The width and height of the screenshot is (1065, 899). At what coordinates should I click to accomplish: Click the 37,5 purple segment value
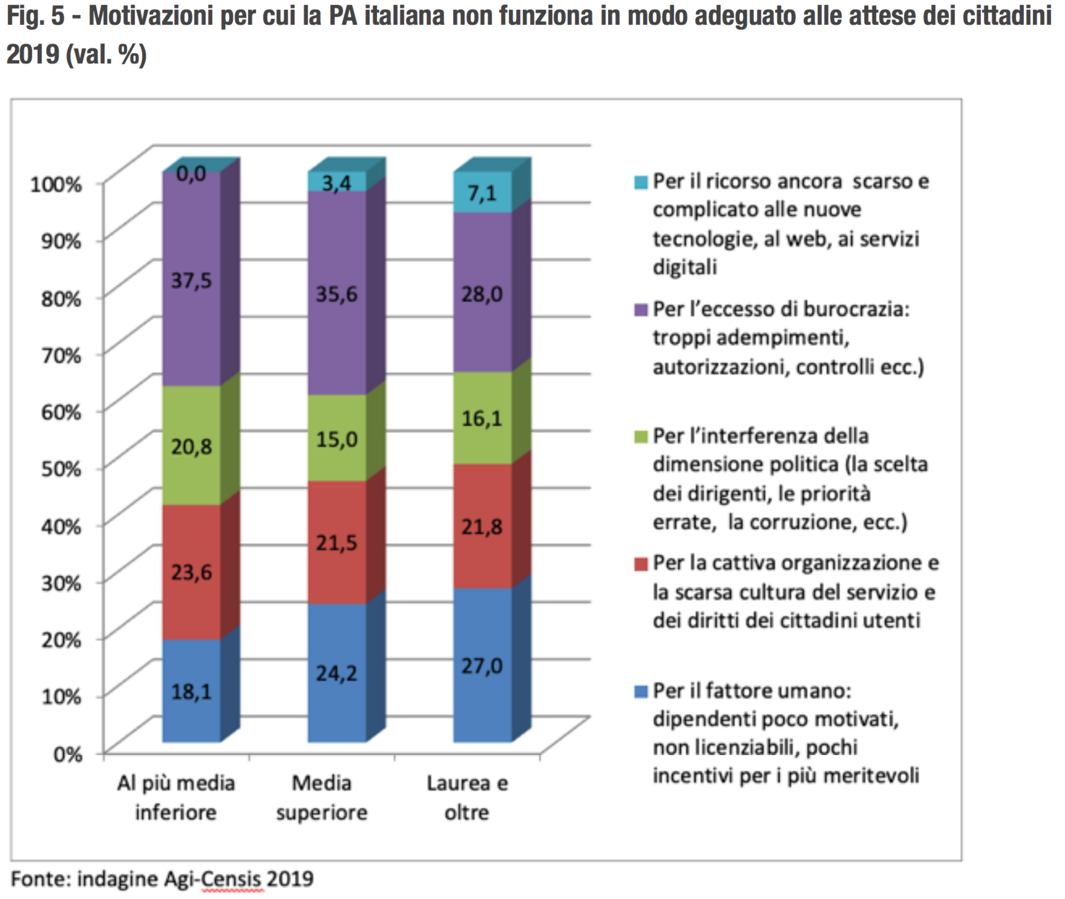[191, 280]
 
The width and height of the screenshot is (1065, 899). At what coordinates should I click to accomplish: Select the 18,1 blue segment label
[191, 692]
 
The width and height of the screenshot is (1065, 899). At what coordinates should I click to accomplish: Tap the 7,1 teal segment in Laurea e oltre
[482, 193]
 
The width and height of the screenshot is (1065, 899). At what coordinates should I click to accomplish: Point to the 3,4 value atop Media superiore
[336, 183]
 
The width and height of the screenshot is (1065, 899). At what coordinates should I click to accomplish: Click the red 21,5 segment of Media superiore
[336, 543]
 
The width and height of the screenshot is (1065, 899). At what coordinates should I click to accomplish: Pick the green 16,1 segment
[482, 418]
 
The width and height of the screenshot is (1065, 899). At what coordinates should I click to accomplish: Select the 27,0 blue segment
[482, 666]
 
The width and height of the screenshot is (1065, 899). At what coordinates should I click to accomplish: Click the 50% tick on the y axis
[61, 469]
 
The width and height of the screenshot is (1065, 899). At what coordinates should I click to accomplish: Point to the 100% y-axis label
[56, 184]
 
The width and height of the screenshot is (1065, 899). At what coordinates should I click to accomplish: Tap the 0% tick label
[68, 754]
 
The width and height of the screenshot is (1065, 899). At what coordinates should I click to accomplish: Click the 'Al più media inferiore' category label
[176, 798]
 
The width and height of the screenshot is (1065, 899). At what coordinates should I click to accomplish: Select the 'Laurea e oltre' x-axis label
[467, 798]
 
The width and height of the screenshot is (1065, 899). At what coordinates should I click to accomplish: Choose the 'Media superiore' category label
[322, 798]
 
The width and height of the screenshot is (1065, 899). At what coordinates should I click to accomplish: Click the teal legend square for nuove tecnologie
[640, 182]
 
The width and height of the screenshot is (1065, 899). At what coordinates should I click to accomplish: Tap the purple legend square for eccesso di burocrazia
[640, 309]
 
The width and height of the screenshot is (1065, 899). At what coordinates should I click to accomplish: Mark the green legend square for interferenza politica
[640, 437]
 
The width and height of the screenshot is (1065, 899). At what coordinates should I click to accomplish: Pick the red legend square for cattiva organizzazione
[640, 564]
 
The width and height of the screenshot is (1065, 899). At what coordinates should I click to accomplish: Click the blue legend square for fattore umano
[640, 692]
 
